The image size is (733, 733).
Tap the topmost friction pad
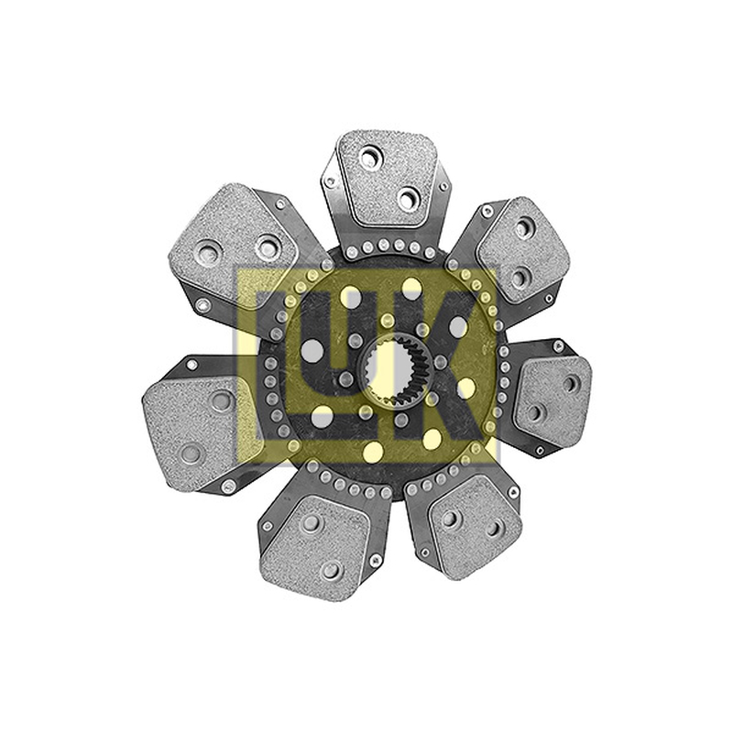(387, 178)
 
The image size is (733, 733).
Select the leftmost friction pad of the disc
(195, 432)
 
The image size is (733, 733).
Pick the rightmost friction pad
(552, 399)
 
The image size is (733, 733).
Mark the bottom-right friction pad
(475, 526)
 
